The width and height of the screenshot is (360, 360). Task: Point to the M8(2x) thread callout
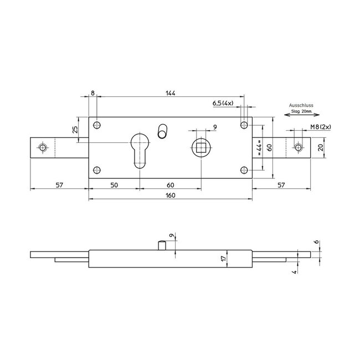pyautogui.click(x=320, y=127)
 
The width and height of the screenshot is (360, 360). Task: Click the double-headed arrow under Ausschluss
pyautogui.click(x=297, y=115)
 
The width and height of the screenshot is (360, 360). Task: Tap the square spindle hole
pyautogui.click(x=200, y=148)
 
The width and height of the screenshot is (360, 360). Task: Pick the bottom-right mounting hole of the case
pyautogui.click(x=243, y=170)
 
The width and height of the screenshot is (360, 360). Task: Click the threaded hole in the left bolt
pyautogui.click(x=42, y=148)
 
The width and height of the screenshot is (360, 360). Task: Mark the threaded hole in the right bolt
pyautogui.click(x=299, y=148)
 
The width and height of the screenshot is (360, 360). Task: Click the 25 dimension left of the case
pyautogui.click(x=75, y=131)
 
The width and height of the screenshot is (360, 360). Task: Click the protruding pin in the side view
pyautogui.click(x=162, y=245)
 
